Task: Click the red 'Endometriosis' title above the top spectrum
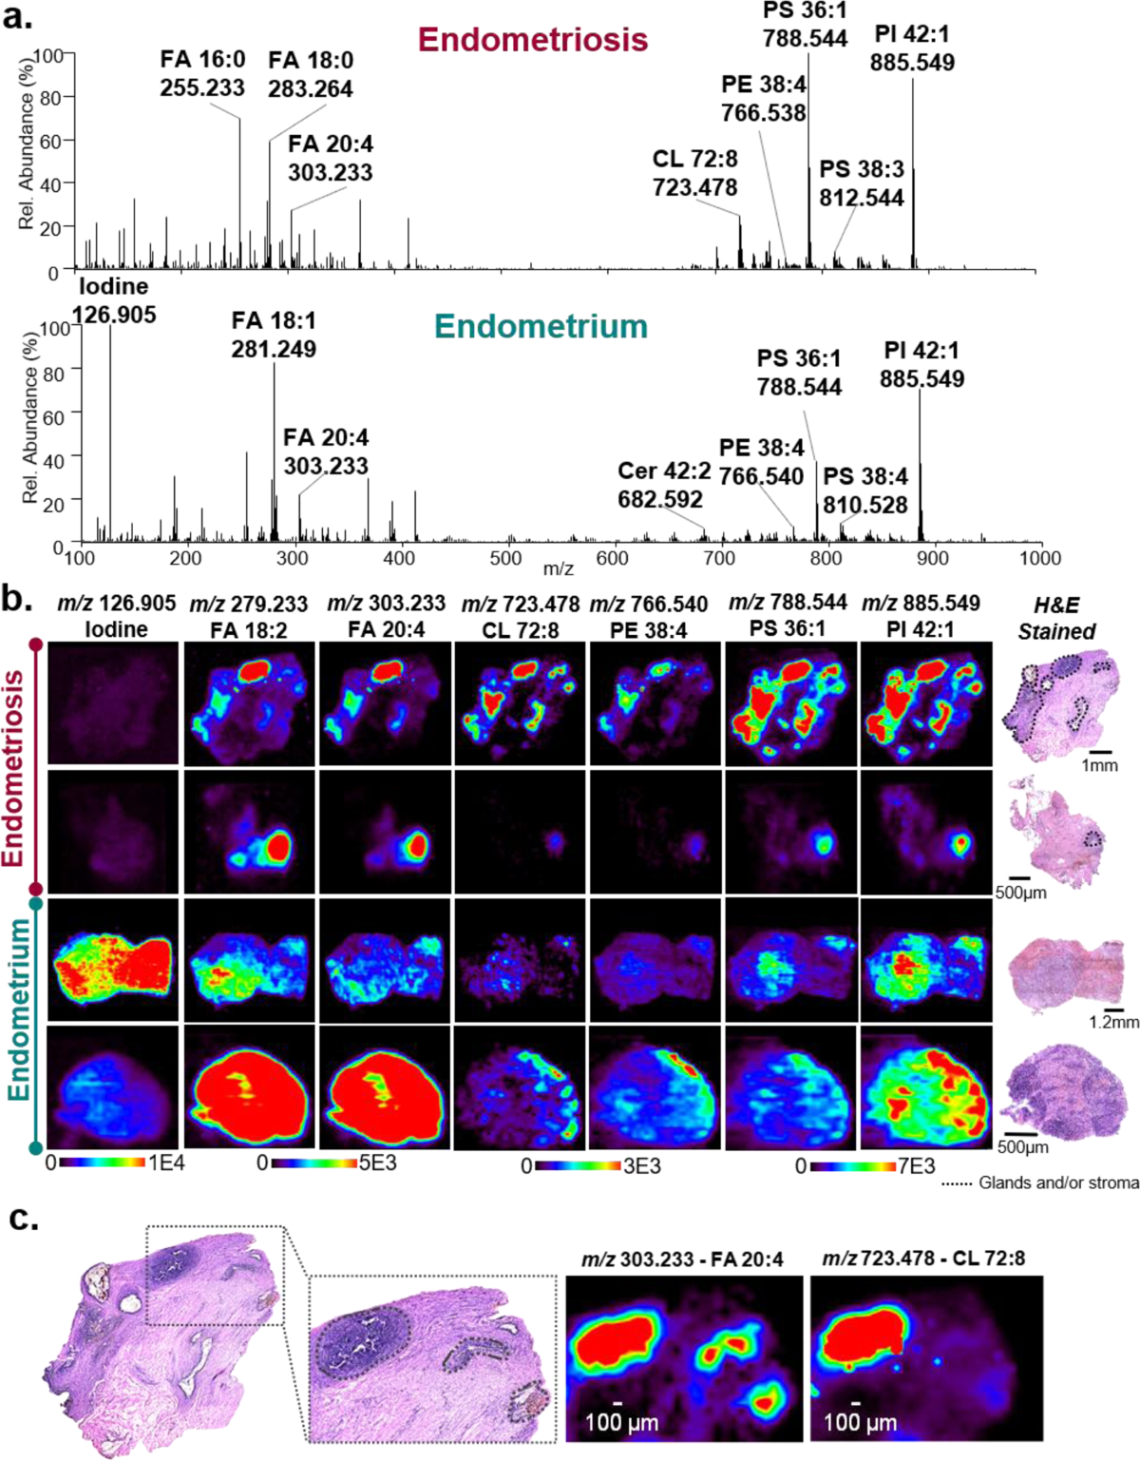click(x=533, y=40)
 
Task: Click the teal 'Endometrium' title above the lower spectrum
click(x=541, y=326)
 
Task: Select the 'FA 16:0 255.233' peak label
click(x=202, y=73)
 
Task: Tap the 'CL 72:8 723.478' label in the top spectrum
click(x=694, y=173)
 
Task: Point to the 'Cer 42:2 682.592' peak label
click(x=660, y=485)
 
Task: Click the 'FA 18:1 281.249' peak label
click(x=274, y=335)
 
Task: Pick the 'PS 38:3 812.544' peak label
click(x=862, y=183)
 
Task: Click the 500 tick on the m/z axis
click(x=505, y=559)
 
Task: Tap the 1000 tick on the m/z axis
click(x=1039, y=559)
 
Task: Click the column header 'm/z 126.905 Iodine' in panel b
click(x=116, y=616)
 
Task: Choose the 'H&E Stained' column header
click(x=1056, y=618)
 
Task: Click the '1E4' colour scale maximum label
click(x=166, y=1163)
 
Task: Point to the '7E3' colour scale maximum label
click(x=916, y=1166)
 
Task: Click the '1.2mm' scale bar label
click(x=1113, y=1023)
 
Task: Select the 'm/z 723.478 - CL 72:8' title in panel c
click(x=923, y=1259)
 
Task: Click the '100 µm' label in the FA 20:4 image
click(x=621, y=1423)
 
